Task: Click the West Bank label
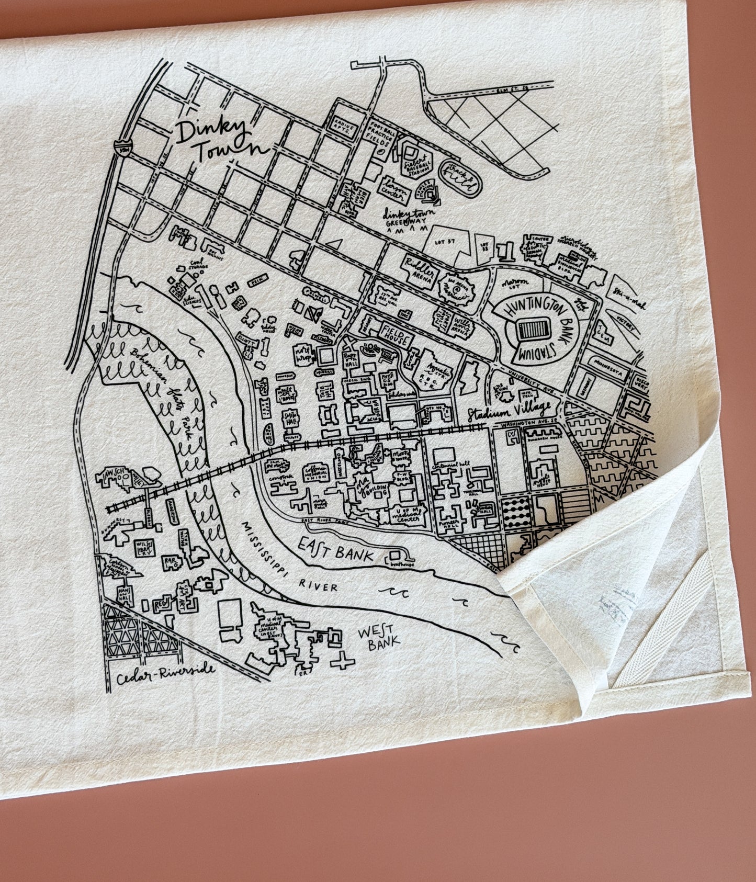379,636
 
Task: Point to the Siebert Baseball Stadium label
418,162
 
